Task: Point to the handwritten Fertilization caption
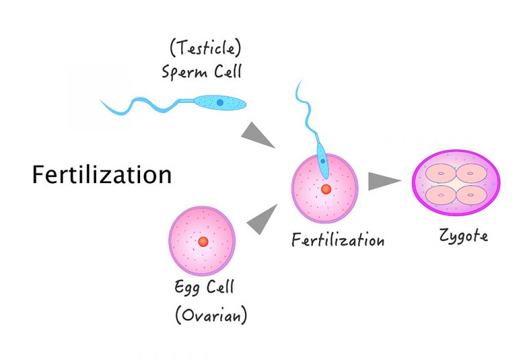[338, 241]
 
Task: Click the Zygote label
[464, 236]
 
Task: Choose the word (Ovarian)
[210, 316]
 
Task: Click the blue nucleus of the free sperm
[220, 102]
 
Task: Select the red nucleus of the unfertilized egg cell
[202, 241]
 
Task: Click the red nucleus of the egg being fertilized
[326, 189]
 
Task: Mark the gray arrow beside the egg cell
[260, 218]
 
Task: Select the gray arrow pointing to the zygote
[384, 181]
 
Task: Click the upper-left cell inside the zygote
[441, 174]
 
